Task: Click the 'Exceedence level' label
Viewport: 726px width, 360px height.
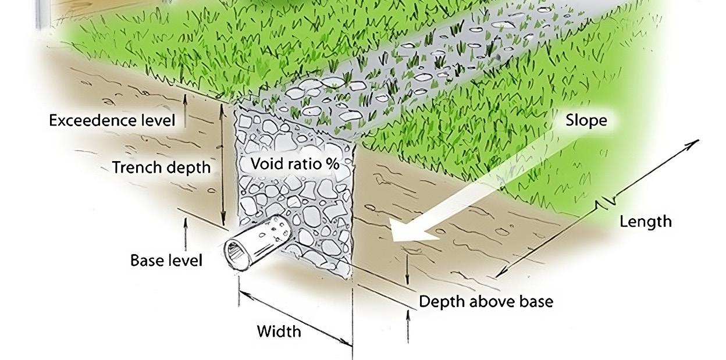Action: (x=112, y=121)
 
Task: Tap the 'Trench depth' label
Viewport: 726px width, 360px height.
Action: (x=161, y=167)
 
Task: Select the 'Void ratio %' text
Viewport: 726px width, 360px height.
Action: (x=294, y=164)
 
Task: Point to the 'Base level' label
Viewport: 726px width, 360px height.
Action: (x=166, y=260)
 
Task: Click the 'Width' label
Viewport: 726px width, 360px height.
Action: (x=279, y=332)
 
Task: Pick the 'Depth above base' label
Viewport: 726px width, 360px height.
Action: (x=486, y=301)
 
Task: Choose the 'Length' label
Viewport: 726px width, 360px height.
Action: (x=645, y=222)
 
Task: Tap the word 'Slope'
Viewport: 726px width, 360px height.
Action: (x=586, y=120)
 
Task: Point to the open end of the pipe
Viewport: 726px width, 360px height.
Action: (x=238, y=254)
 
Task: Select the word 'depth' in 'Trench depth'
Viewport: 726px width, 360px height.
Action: (x=187, y=168)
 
